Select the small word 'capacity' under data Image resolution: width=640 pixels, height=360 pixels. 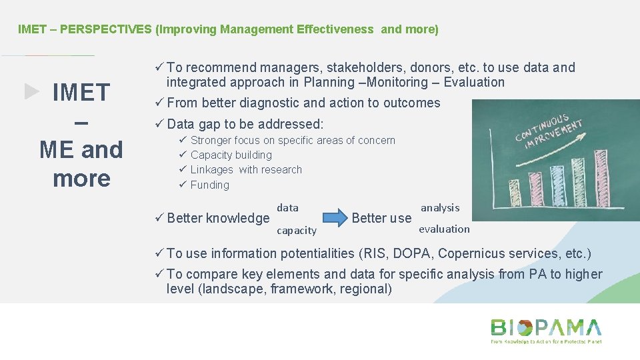(x=296, y=231)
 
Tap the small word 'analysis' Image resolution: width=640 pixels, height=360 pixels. (x=440, y=208)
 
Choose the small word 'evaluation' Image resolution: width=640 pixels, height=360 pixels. (x=444, y=229)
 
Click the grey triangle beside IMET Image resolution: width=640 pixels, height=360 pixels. (x=32, y=92)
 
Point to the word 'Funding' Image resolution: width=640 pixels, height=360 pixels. (x=209, y=185)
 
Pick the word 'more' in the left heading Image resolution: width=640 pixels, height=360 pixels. (x=81, y=178)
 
